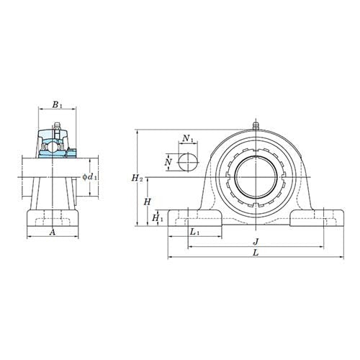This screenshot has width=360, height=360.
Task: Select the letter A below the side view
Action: point(52,233)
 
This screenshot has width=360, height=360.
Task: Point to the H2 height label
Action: point(138,177)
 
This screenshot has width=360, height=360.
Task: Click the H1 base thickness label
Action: point(157,217)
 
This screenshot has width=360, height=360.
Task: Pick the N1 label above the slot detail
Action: point(187,138)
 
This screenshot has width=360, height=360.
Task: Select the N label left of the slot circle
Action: point(168,163)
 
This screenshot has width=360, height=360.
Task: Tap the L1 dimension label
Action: point(194,232)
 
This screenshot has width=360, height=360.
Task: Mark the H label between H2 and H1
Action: point(147,202)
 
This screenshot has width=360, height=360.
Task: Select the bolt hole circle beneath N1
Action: point(187,161)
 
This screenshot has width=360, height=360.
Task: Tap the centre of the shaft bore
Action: point(256,176)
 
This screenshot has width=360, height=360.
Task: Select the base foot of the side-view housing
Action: point(52,217)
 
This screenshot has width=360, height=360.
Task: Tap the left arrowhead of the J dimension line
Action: point(190,245)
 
